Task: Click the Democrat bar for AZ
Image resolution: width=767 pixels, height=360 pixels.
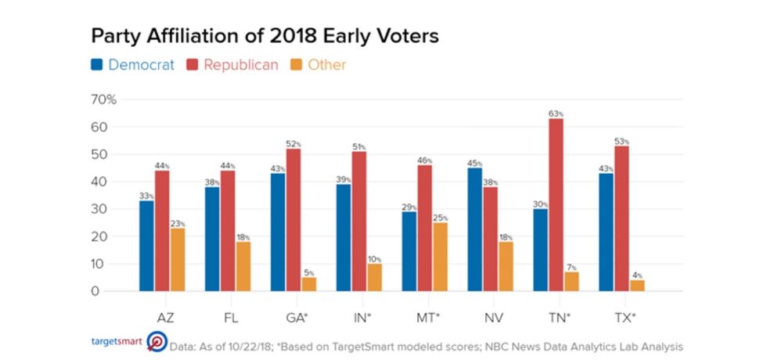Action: [146, 246]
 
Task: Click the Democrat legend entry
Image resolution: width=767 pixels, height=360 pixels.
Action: [133, 65]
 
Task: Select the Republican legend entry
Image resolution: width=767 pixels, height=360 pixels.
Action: [232, 65]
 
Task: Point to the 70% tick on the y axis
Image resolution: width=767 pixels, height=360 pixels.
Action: [104, 99]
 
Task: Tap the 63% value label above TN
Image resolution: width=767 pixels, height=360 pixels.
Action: [556, 113]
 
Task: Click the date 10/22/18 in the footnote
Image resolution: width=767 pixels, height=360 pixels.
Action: [254, 346]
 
